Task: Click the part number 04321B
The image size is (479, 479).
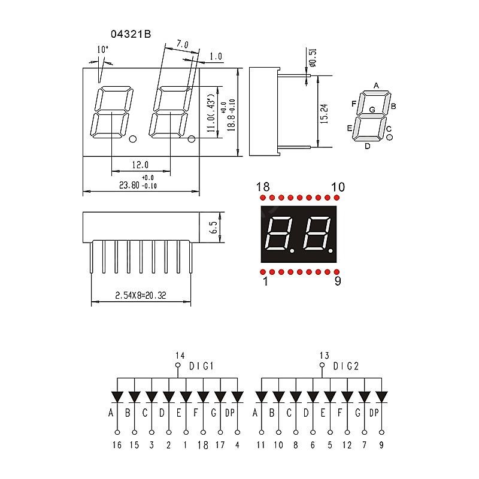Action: coord(130,35)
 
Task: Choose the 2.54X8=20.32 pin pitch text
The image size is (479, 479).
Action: coord(141,295)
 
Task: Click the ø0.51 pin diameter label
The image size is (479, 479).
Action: coord(313,57)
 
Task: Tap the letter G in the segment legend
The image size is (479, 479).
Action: coord(372,110)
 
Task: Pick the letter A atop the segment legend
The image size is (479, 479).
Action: coord(377,86)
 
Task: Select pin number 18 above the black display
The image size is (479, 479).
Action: coord(263,187)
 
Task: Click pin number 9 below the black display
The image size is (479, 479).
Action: coord(338,281)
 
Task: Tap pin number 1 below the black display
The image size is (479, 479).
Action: coord(265,281)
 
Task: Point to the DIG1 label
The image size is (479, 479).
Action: coord(202,366)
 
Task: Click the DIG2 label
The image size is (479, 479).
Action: coord(346,366)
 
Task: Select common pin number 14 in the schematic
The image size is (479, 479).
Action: coord(177,354)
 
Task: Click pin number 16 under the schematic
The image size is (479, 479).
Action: coord(117,445)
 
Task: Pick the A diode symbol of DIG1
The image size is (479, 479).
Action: coord(117,397)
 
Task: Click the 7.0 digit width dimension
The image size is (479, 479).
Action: coord(182,44)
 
